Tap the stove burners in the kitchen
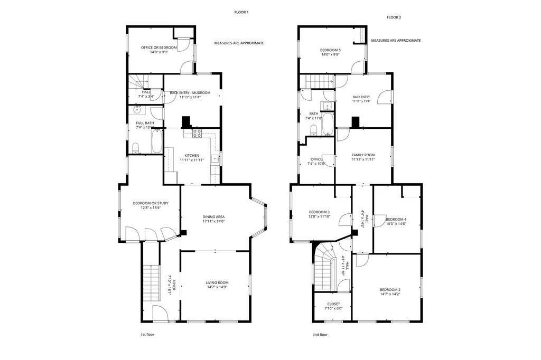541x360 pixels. click(x=197, y=134)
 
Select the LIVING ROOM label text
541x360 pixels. click(x=217, y=283)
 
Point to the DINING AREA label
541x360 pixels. click(x=214, y=216)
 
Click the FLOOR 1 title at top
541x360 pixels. click(x=241, y=12)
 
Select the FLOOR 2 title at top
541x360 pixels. click(x=394, y=17)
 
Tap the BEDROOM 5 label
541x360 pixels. click(x=330, y=50)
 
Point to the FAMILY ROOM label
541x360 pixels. click(x=363, y=155)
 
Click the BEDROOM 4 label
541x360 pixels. click(x=396, y=219)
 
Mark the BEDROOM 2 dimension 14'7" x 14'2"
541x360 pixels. click(x=390, y=295)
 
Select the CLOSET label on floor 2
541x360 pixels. click(x=333, y=304)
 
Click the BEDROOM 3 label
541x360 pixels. click(x=319, y=212)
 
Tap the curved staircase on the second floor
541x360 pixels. click(x=323, y=267)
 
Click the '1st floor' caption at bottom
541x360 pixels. click(x=147, y=334)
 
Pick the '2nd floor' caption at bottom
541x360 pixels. click(x=320, y=334)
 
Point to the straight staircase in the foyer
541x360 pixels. click(x=151, y=282)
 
